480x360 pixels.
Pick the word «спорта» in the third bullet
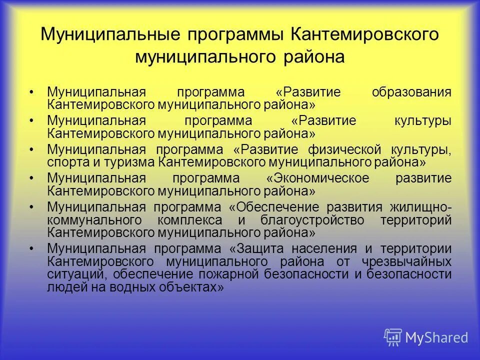click(66, 162)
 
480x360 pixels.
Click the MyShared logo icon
click(392, 337)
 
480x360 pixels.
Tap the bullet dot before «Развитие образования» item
click(32, 93)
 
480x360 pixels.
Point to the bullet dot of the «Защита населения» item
click(32, 249)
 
